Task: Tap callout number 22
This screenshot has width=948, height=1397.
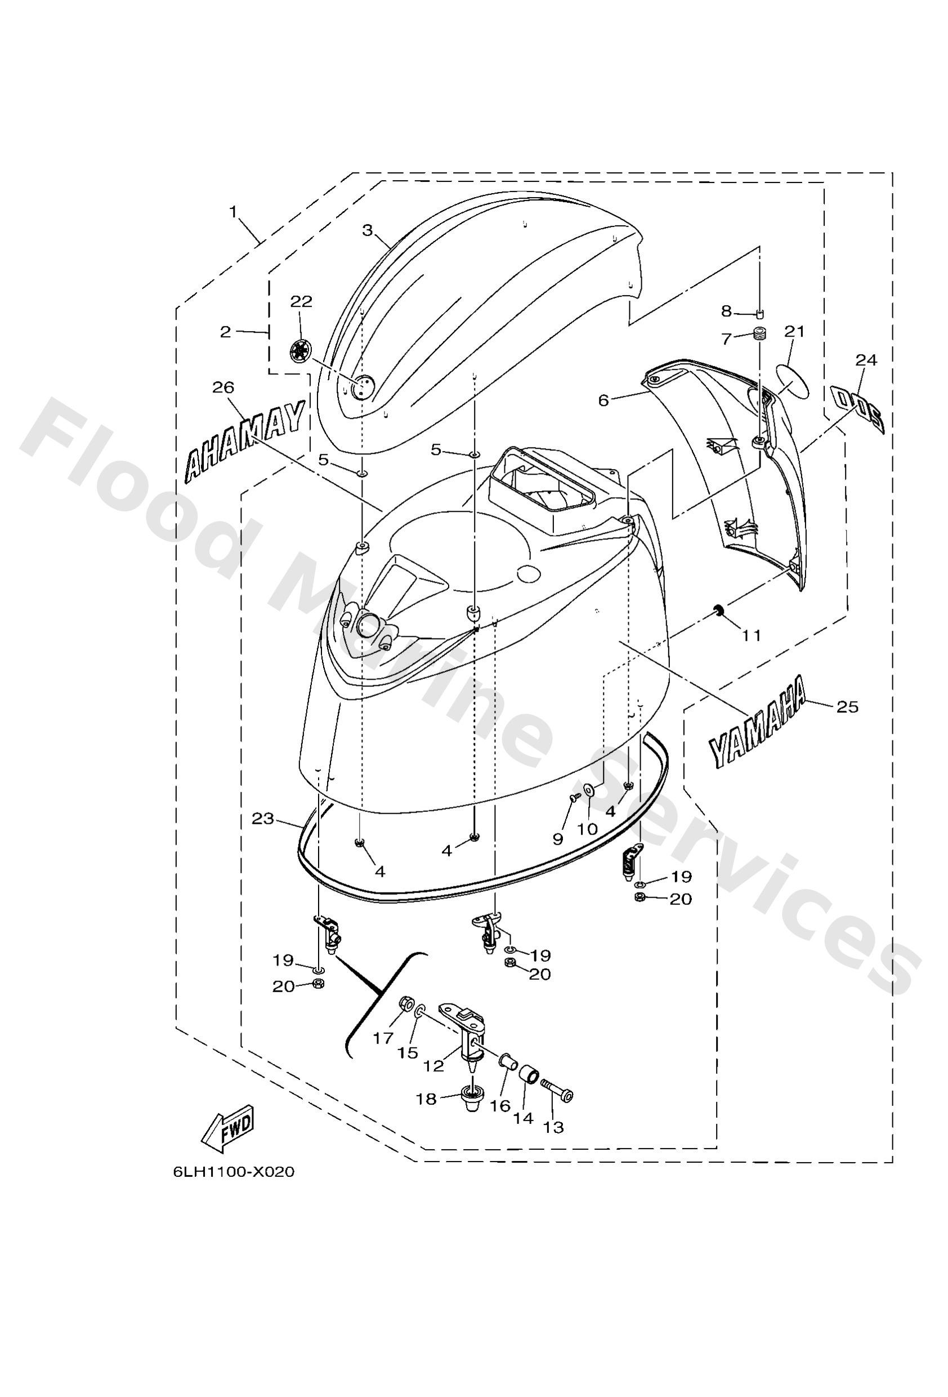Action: click(301, 302)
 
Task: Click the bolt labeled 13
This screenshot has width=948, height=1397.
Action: click(559, 1090)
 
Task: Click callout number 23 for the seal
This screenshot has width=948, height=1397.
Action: click(263, 819)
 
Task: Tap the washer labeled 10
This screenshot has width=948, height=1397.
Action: click(588, 789)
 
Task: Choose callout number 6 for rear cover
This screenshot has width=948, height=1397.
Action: click(603, 400)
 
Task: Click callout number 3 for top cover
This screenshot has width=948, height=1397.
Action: click(367, 230)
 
